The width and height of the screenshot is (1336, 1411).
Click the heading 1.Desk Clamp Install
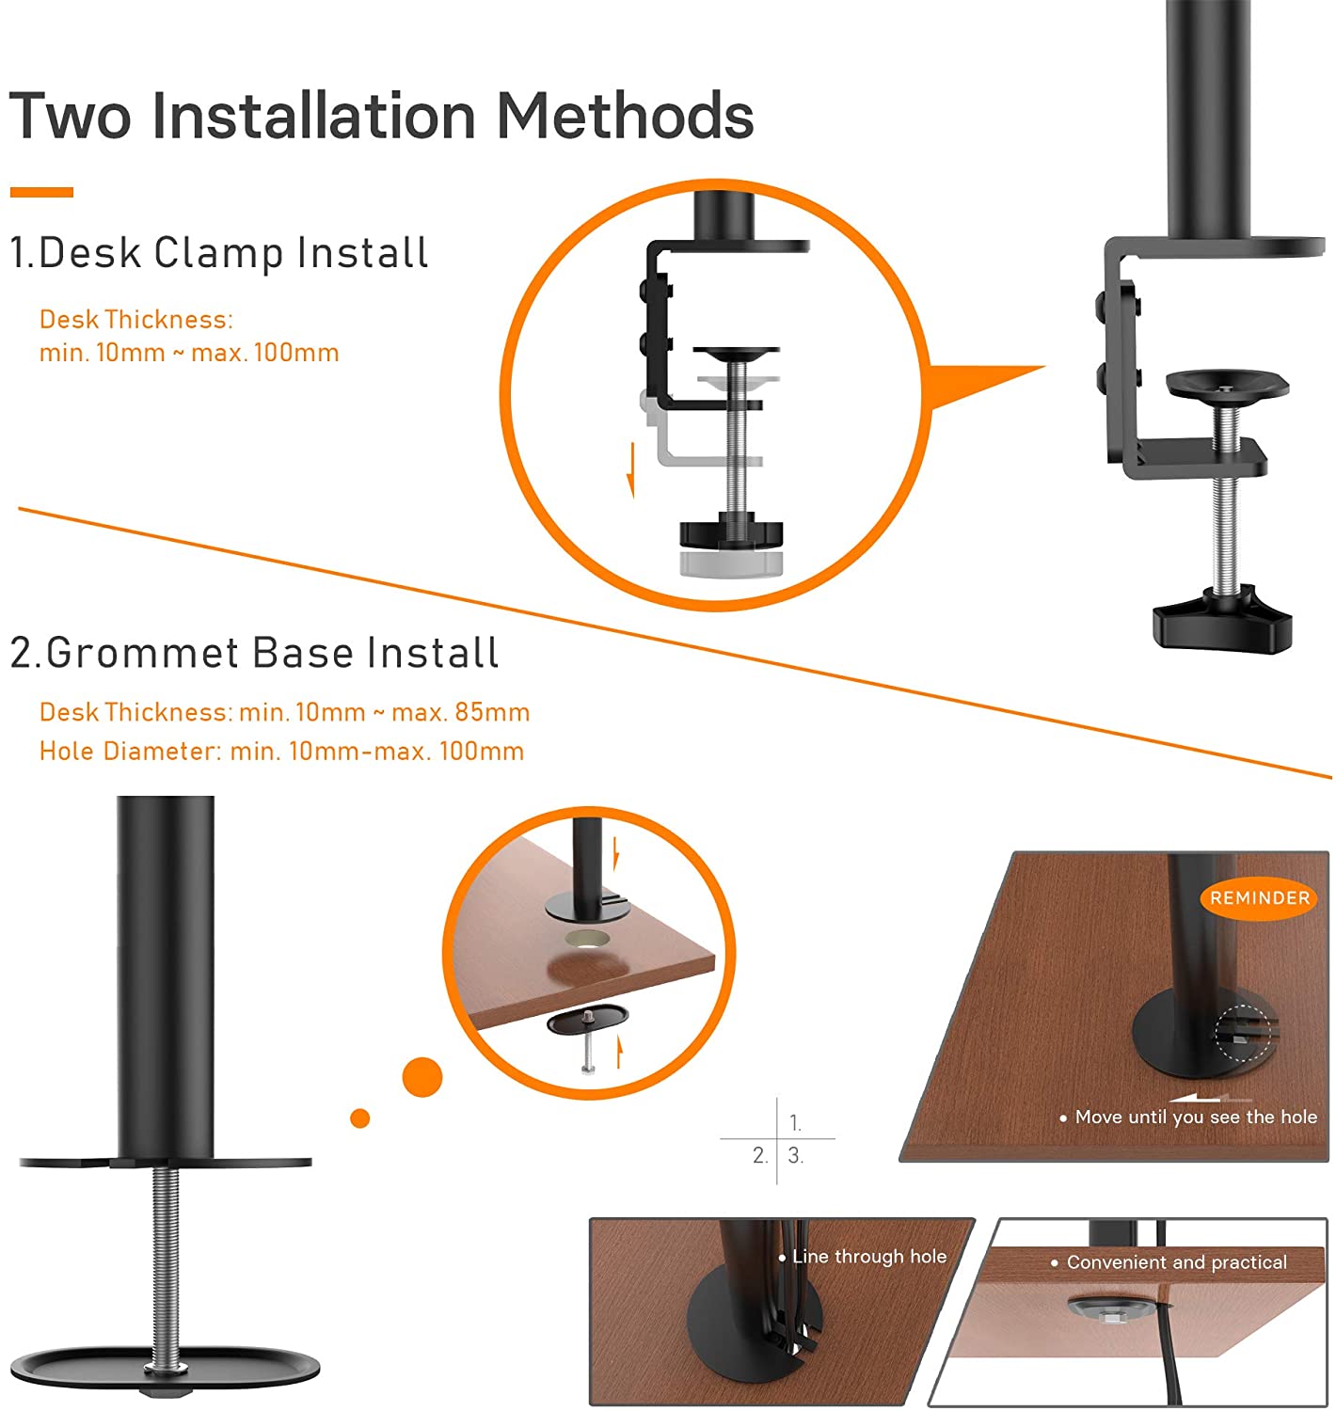click(219, 253)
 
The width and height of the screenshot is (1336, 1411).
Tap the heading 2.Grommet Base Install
click(254, 653)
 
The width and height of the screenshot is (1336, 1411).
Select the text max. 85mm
click(460, 712)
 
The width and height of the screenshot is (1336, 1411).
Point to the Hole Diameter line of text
click(281, 751)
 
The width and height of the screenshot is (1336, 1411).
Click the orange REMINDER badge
click(1258, 897)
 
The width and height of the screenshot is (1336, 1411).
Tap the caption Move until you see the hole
click(1188, 1117)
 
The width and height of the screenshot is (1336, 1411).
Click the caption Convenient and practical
click(1168, 1261)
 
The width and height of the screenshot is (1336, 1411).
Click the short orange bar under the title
click(41, 192)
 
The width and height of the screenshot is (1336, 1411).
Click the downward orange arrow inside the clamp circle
click(631, 470)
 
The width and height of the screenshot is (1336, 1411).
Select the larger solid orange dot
click(422, 1076)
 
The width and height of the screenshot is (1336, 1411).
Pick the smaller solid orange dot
click(359, 1118)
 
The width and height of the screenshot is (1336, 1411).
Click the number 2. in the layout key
click(760, 1155)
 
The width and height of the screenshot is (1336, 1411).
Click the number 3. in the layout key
click(795, 1155)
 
